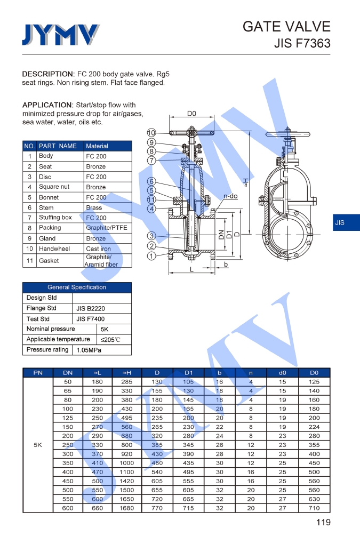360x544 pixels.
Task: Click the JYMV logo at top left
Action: coord(60,35)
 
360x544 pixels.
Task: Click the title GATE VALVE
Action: coord(286,27)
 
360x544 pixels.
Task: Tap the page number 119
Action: coord(323,522)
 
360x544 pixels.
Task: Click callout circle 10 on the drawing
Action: coord(151,133)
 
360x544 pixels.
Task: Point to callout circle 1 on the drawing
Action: coord(151,256)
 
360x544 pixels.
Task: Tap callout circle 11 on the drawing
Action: coord(151,199)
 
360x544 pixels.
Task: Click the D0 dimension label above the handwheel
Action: coord(191,114)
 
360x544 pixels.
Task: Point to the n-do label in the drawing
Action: coord(230,196)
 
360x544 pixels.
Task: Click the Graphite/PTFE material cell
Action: coord(107,228)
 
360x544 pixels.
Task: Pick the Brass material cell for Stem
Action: coord(94,207)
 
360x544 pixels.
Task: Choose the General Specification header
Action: coord(77,287)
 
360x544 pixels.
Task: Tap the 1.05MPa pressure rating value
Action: coord(89,350)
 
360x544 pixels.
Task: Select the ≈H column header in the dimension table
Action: coord(127,373)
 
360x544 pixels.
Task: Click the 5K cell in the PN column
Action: coord(38,445)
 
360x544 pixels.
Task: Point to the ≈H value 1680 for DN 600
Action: coord(127,508)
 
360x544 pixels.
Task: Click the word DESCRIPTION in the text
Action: coord(48,74)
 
